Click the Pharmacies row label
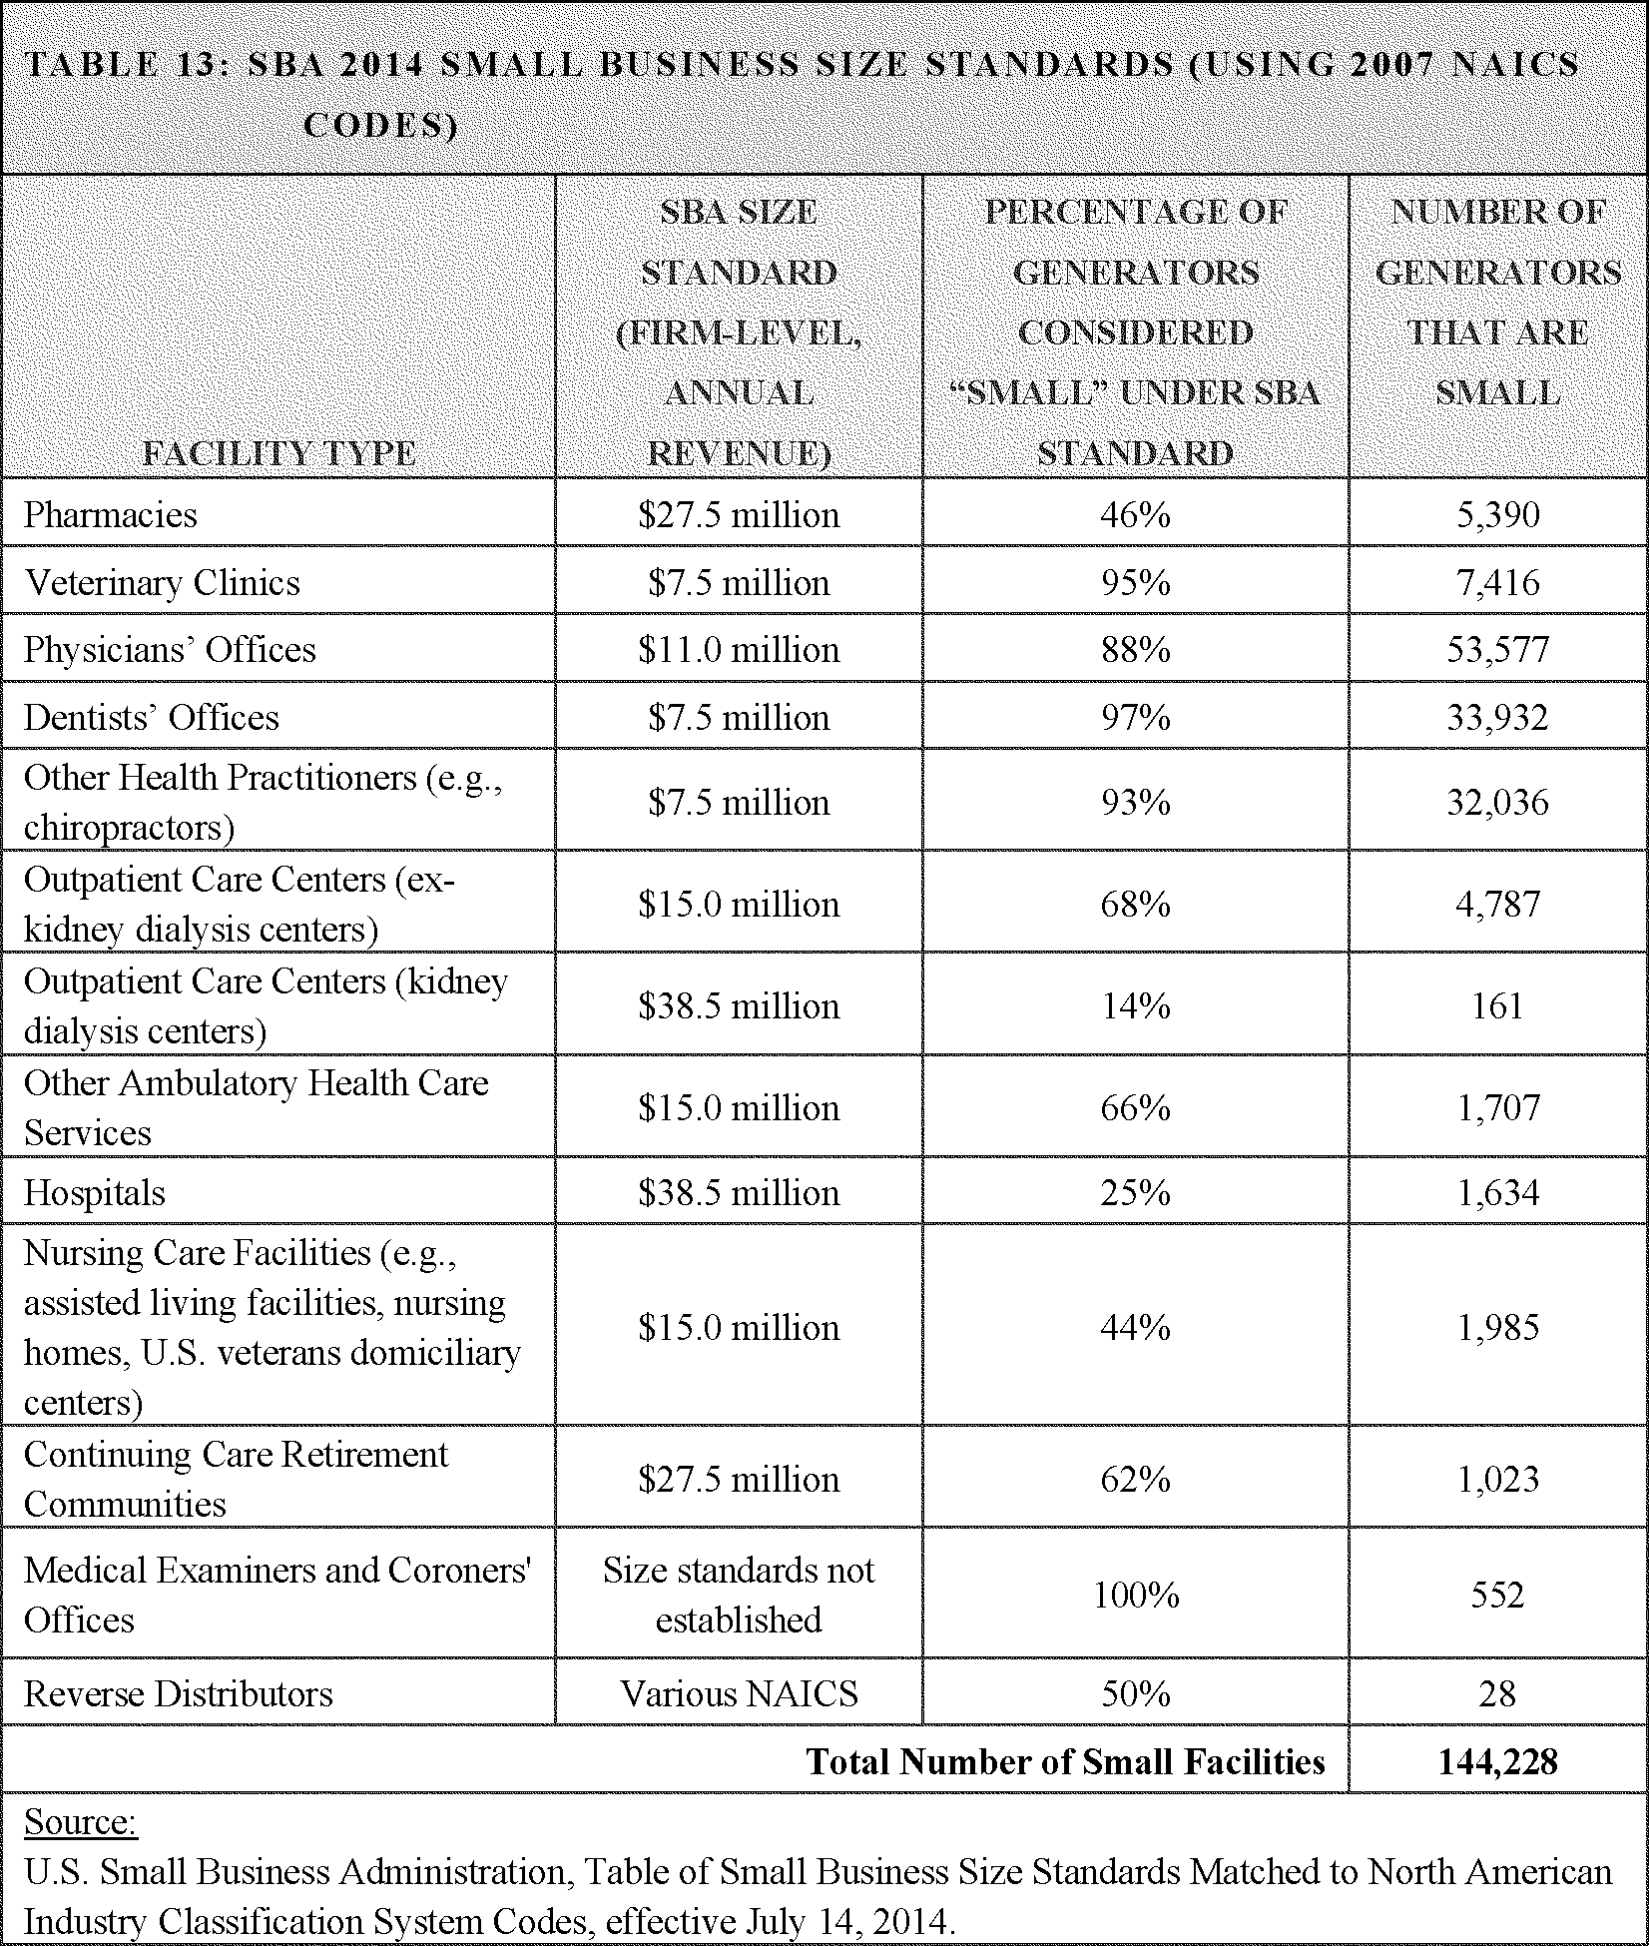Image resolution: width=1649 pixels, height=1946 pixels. [x=111, y=515]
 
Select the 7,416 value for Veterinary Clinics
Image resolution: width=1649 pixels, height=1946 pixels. [x=1497, y=583]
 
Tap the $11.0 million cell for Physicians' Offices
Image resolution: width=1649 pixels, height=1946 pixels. [x=739, y=650]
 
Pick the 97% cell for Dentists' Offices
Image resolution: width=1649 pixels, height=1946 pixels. [x=1135, y=718]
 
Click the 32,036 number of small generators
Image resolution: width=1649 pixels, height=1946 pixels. [x=1497, y=803]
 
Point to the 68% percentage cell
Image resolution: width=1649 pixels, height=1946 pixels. [x=1135, y=905]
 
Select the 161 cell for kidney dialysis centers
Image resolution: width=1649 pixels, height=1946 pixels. [x=1497, y=1006]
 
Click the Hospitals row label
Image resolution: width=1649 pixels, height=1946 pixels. [x=95, y=1193]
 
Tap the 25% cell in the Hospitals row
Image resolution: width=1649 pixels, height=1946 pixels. [x=1135, y=1193]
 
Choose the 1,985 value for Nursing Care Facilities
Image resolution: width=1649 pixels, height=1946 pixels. [x=1497, y=1328]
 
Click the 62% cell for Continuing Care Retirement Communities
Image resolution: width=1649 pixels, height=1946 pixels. [x=1135, y=1479]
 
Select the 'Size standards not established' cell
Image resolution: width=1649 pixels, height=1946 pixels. [x=739, y=1595]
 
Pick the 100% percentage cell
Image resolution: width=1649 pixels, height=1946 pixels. [x=1135, y=1595]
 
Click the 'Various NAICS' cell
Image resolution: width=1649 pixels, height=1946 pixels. [x=739, y=1694]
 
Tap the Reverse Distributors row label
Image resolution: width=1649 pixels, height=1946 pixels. [x=179, y=1694]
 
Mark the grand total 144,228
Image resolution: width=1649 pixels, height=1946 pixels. [x=1497, y=1762]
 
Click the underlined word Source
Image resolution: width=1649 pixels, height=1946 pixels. [x=80, y=1823]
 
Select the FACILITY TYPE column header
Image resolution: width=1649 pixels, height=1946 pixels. [x=279, y=454]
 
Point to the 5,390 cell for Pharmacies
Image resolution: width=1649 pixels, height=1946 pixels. [x=1497, y=515]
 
